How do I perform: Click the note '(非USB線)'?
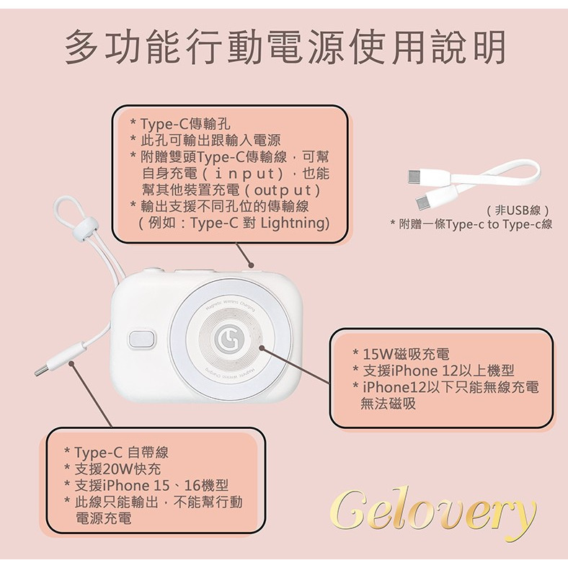pyautogui.click(x=519, y=210)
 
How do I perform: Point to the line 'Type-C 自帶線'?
pyautogui.click(x=120, y=453)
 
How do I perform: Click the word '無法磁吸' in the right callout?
pyautogui.click(x=389, y=404)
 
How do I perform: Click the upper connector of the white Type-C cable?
pyautogui.click(x=418, y=175)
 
